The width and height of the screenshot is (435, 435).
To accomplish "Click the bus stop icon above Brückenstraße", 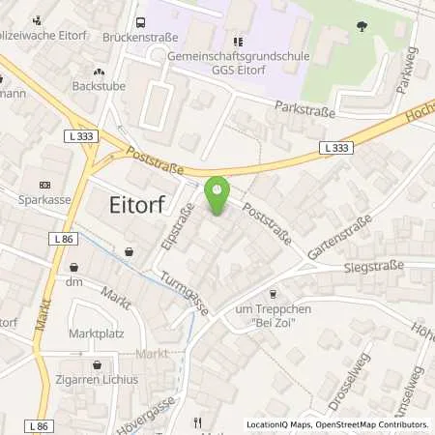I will [x=141, y=23].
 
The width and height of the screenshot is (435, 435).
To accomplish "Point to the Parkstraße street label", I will [x=304, y=110].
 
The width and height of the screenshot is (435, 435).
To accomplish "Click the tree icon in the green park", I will [x=362, y=27].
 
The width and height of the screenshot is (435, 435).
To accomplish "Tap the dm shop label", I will [x=73, y=281].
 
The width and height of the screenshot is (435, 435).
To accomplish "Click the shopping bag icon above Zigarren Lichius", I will [x=97, y=365].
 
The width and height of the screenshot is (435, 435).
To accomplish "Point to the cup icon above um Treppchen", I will [x=272, y=293].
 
